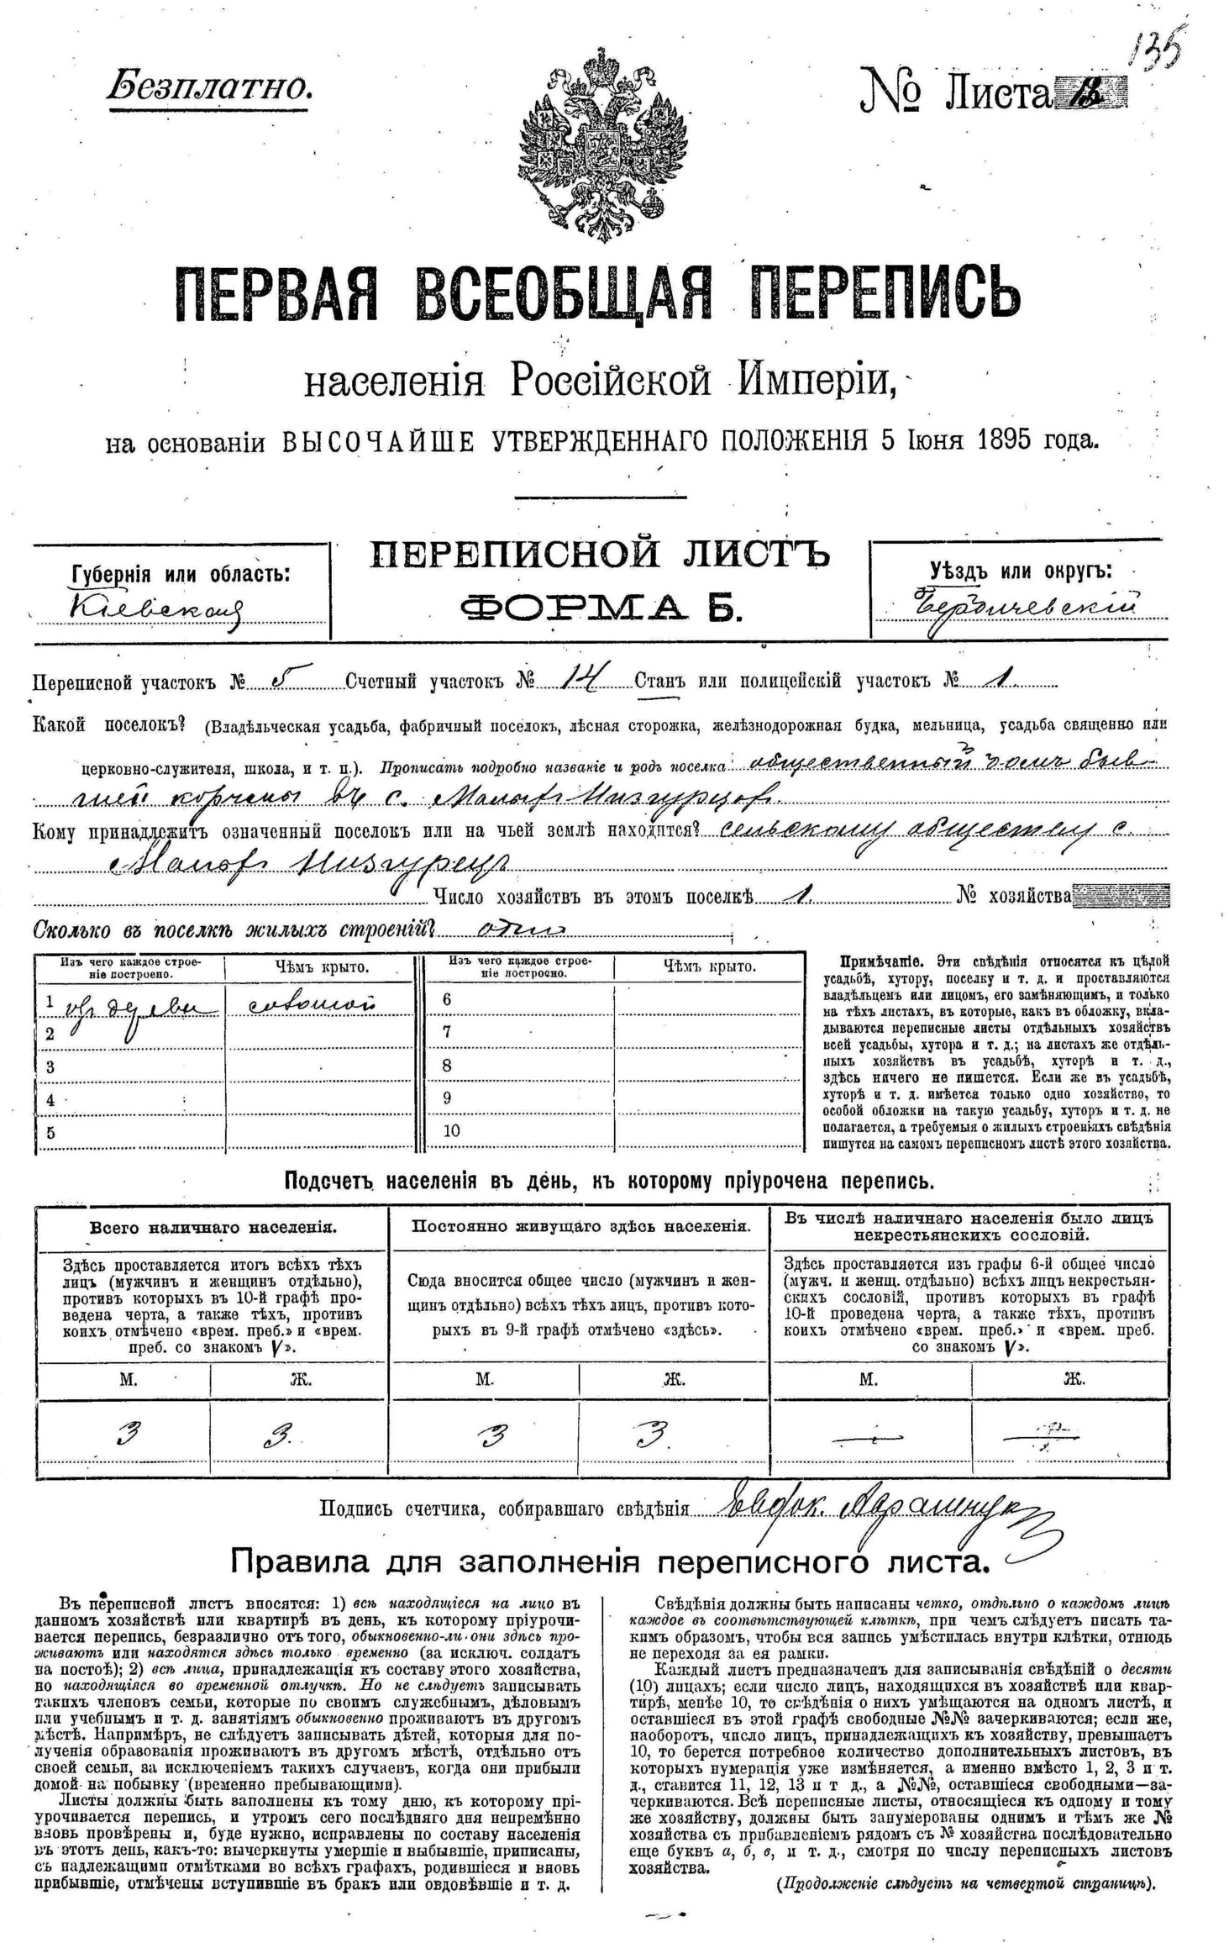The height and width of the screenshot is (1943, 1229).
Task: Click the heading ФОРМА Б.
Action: [601, 604]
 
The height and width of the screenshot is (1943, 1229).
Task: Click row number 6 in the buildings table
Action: [447, 999]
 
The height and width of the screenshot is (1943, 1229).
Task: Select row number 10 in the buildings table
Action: [451, 1130]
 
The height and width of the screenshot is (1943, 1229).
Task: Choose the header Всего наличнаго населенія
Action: [213, 1228]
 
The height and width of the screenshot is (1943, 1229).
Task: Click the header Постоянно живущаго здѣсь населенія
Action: [580, 1227]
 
